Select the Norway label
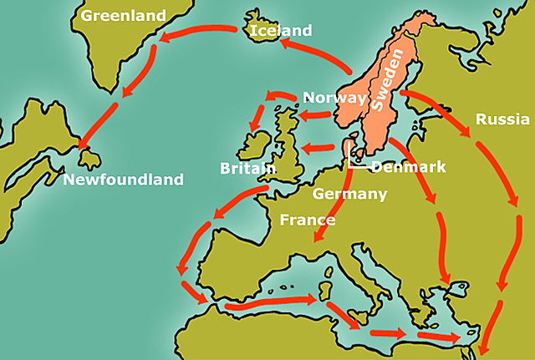(334, 98)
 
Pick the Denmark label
(409, 167)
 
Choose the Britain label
(248, 168)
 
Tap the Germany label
(349, 194)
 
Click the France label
(307, 221)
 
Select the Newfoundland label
(122, 180)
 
